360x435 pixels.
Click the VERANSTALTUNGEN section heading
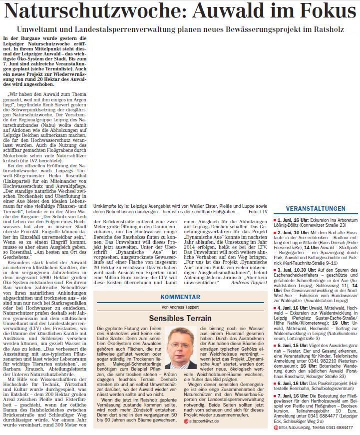pos(316,208)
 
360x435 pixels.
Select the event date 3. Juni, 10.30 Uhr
pos(299,270)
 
